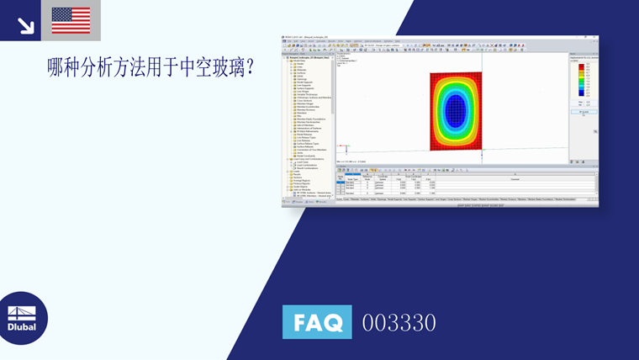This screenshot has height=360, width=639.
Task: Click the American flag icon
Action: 71,20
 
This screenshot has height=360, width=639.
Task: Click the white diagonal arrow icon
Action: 25,26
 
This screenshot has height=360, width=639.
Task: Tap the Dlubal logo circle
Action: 23,318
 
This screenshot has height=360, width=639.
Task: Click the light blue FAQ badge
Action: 317,322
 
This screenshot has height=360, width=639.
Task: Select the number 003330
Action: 399,323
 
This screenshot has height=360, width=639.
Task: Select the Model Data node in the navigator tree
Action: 293,61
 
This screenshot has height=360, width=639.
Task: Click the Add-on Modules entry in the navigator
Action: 298,190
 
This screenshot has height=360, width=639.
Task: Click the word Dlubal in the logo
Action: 22,327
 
